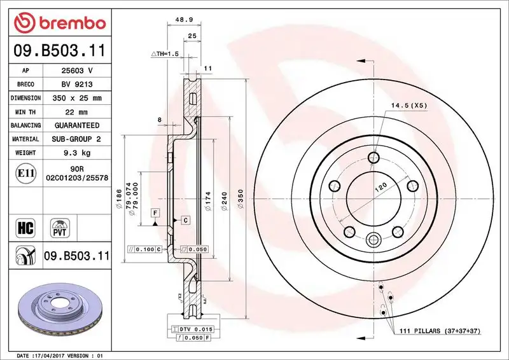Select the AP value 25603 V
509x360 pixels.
click(x=76, y=71)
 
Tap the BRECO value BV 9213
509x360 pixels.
click(x=76, y=85)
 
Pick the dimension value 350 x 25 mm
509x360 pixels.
click(x=76, y=99)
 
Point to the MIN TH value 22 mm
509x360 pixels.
click(x=76, y=112)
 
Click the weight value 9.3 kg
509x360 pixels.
click(x=76, y=153)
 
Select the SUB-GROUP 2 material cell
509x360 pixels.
click(x=76, y=139)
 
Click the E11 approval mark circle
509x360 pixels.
click(x=25, y=172)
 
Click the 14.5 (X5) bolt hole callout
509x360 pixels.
click(x=408, y=104)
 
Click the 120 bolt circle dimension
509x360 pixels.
click(x=380, y=189)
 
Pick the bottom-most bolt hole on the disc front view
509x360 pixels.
click(x=373, y=239)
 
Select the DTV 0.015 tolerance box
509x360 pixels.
click(x=192, y=328)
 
